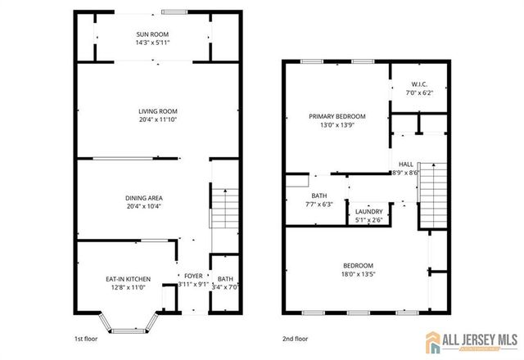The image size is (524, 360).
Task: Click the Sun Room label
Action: tap(153, 34)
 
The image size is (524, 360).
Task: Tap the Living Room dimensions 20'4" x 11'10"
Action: tap(158, 120)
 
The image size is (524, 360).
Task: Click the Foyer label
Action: tap(193, 277)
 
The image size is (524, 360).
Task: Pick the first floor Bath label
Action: tap(225, 280)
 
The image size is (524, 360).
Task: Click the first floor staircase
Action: tap(224, 209)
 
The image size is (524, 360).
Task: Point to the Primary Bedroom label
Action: tap(337, 117)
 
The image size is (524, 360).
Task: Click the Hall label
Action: tap(407, 164)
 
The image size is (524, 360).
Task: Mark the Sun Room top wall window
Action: tap(173, 11)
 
